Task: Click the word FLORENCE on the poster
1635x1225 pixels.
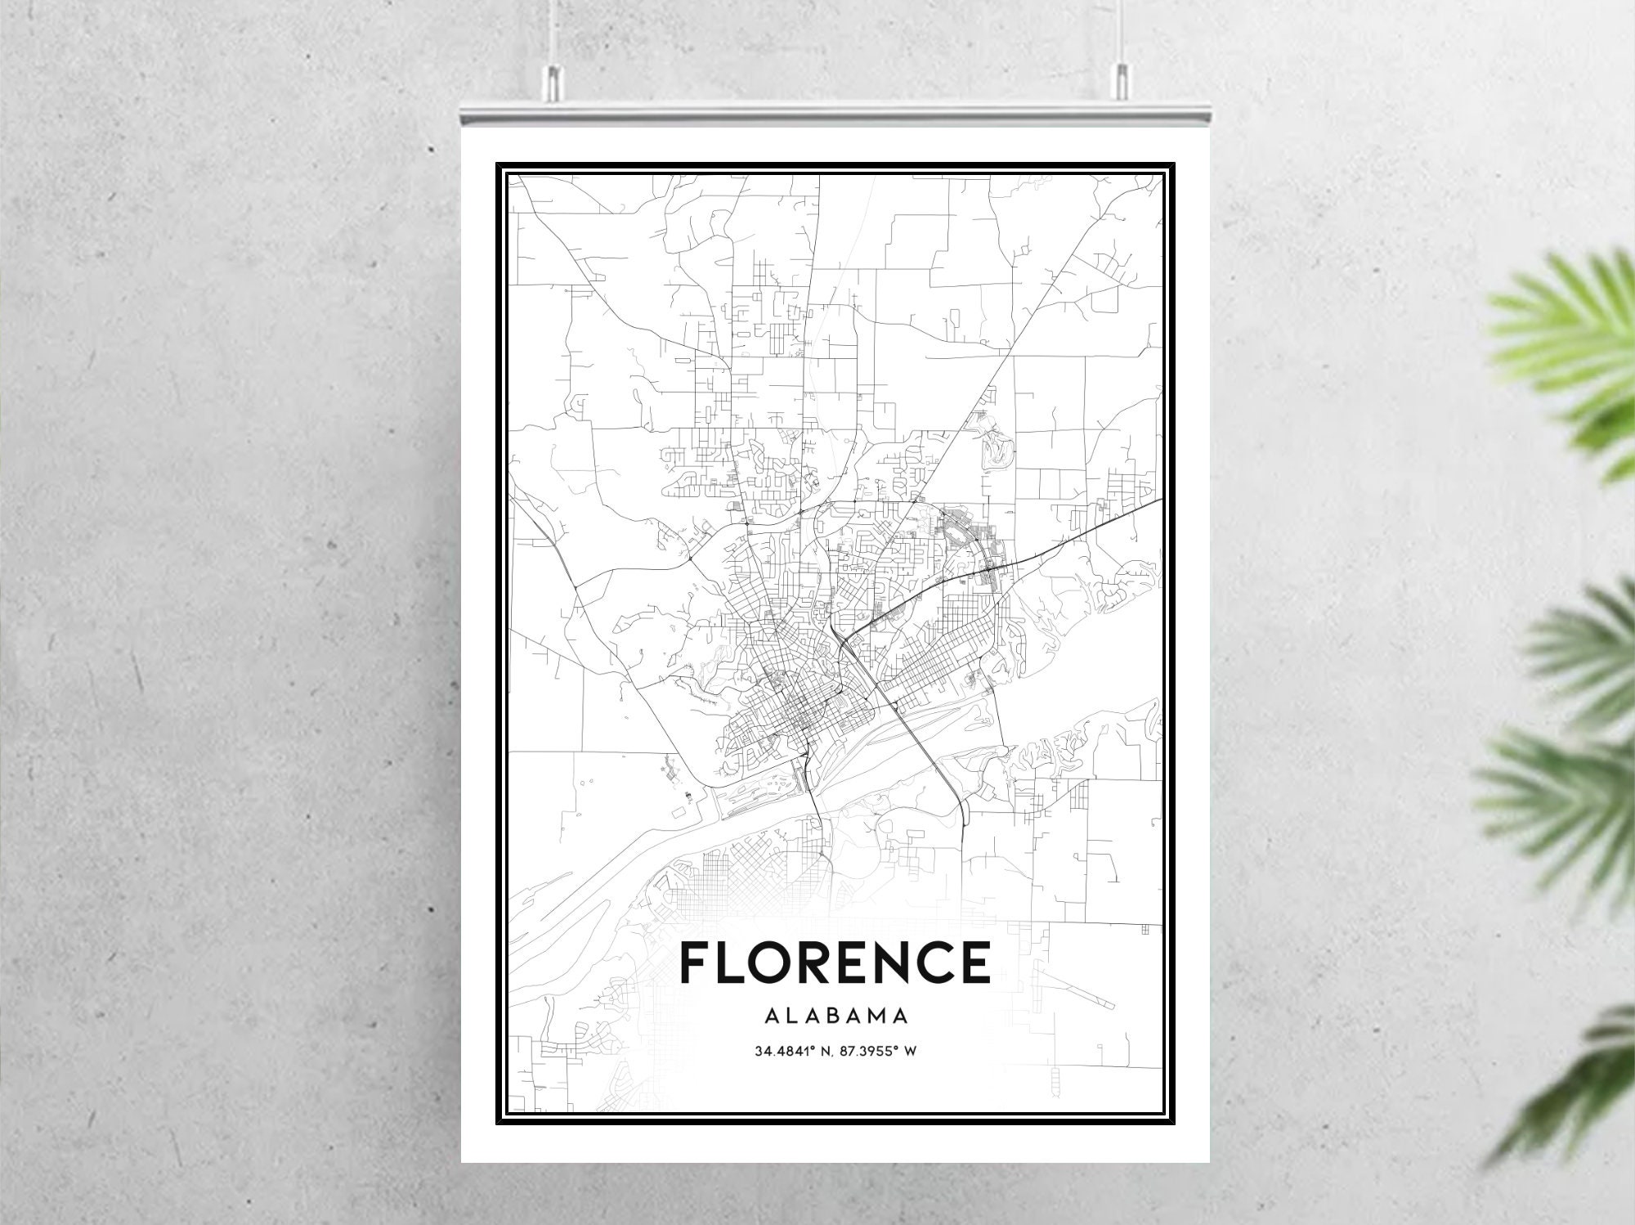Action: click(x=835, y=962)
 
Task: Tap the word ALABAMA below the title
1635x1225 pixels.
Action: click(x=835, y=1016)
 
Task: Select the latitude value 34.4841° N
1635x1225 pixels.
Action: click(x=790, y=1051)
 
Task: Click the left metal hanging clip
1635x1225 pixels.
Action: click(x=553, y=79)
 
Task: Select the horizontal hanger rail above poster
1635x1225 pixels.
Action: click(x=835, y=111)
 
